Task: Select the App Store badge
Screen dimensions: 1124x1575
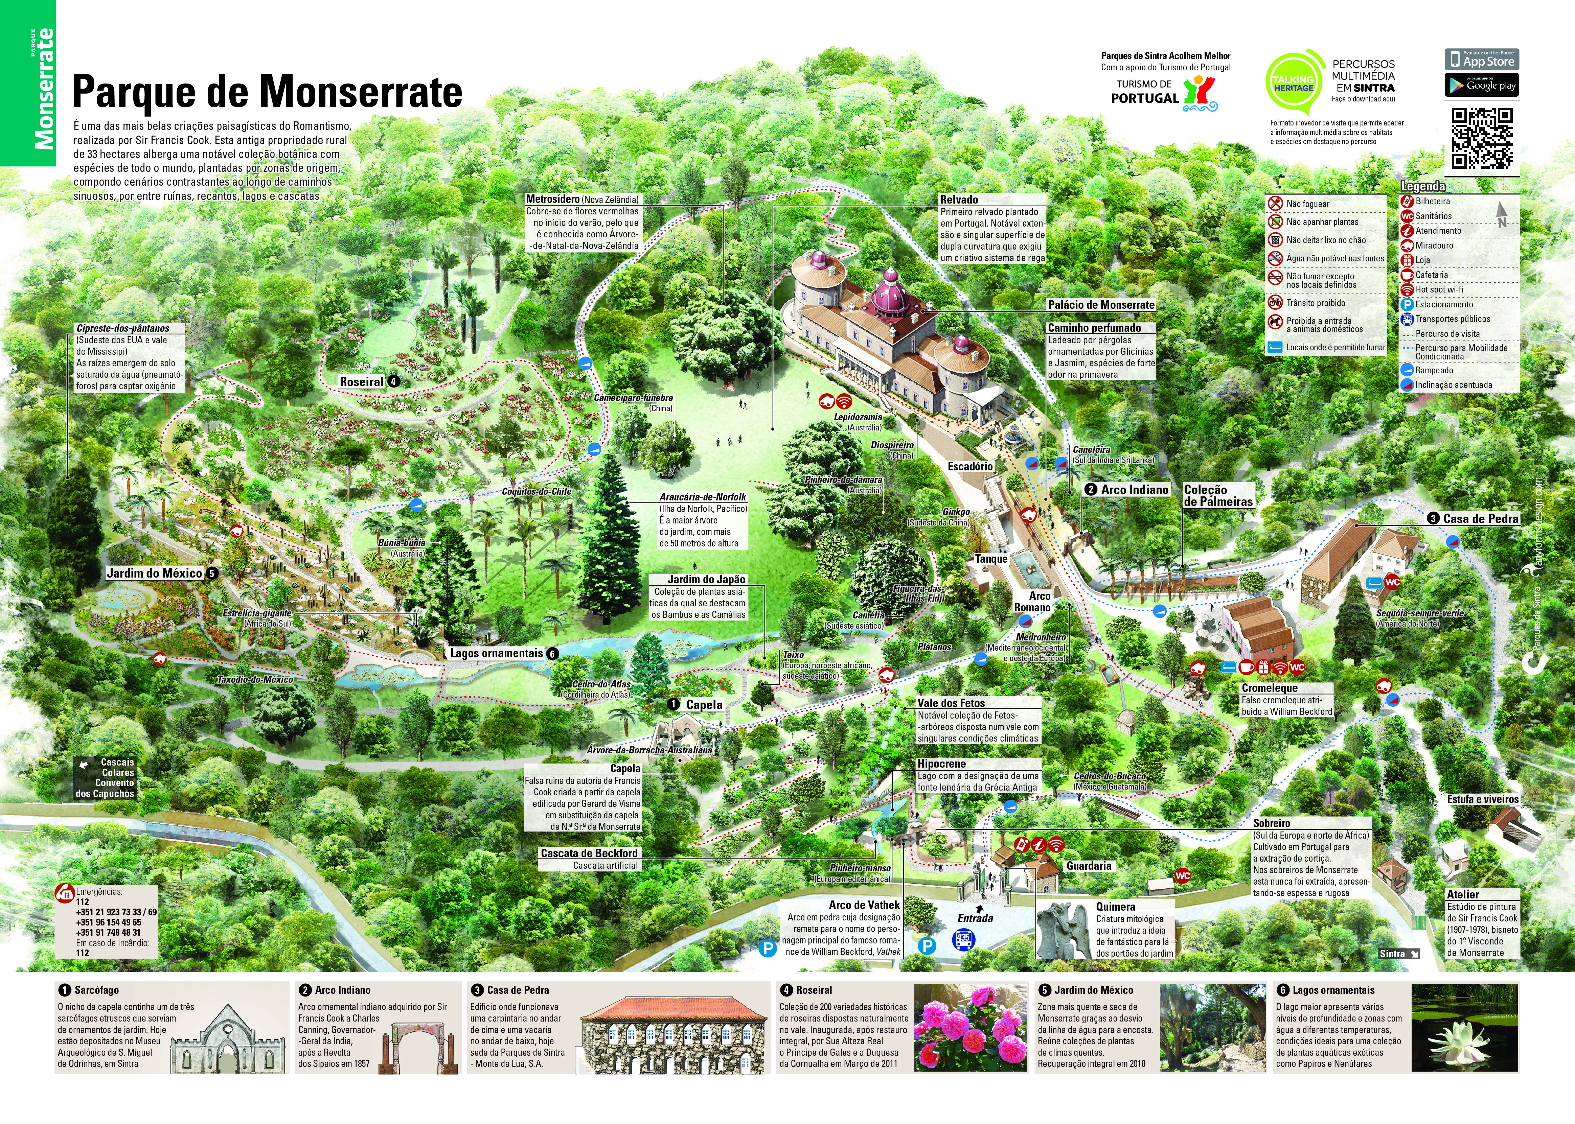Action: tap(1482, 59)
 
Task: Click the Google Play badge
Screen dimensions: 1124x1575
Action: tap(1482, 85)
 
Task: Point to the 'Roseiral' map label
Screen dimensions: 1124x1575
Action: tap(361, 381)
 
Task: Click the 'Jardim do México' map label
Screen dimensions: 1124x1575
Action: tap(154, 573)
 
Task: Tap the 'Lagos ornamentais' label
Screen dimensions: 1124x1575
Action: tap(496, 653)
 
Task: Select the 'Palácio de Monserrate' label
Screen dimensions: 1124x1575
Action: tap(1101, 305)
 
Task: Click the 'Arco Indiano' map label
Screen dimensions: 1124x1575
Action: tap(1134, 489)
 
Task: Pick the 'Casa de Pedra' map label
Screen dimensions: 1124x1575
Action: tap(1480, 518)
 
